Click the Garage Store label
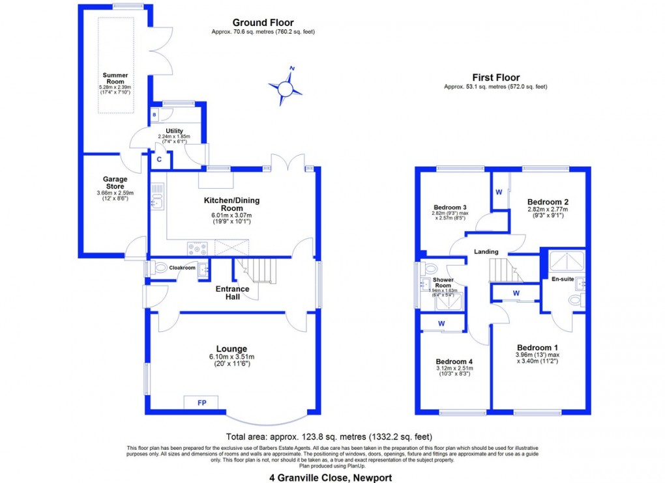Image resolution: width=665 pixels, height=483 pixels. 115,183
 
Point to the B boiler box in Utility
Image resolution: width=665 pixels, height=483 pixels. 155,115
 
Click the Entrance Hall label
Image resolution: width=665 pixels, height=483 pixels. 233,293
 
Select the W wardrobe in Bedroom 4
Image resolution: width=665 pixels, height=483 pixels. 441,323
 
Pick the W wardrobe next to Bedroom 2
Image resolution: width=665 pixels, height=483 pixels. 499,192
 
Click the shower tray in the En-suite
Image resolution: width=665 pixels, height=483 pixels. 566,261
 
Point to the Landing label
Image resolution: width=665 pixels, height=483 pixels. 486,251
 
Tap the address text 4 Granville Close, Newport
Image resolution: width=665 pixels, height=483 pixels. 331,477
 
